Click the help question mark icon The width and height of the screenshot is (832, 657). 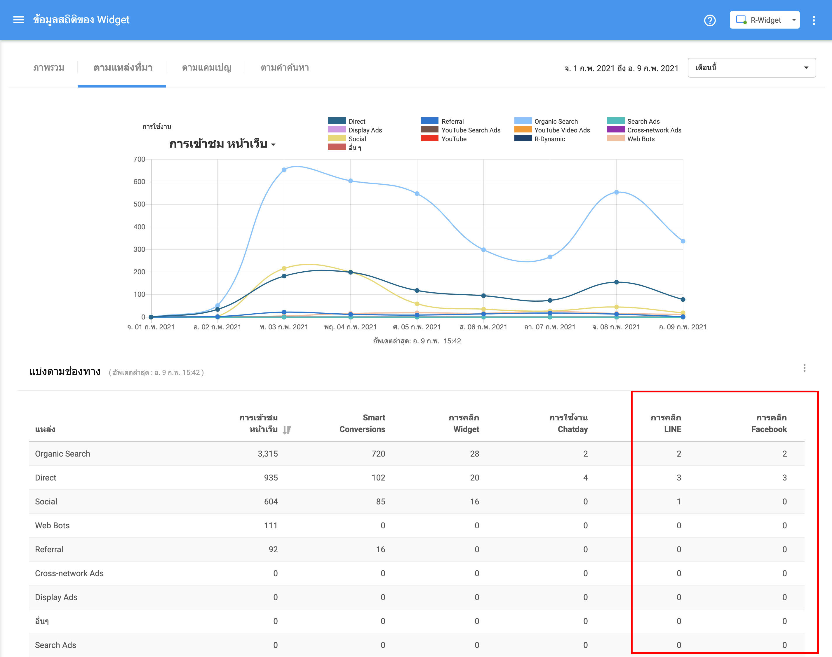point(710,20)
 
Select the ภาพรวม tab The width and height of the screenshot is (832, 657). point(48,68)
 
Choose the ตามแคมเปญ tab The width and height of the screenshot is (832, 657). point(206,68)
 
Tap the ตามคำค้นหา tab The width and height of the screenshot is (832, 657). point(284,68)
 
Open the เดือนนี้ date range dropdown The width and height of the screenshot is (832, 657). point(751,68)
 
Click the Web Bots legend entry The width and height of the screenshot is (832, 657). point(640,139)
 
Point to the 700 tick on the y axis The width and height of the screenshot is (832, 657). point(139,159)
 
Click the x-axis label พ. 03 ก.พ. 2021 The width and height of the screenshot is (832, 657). point(284,327)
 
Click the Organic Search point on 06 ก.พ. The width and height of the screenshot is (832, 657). point(483,250)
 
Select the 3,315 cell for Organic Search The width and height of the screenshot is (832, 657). point(267,454)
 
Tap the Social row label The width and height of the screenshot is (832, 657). point(46,502)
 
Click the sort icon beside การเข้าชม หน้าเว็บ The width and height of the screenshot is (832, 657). point(287,430)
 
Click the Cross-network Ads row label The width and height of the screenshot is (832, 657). point(69,573)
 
